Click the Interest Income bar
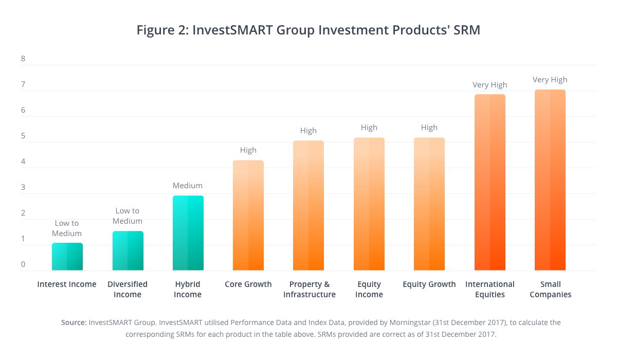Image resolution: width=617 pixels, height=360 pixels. [67, 257]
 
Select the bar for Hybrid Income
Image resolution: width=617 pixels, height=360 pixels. [188, 233]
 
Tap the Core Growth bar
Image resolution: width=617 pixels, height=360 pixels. [248, 215]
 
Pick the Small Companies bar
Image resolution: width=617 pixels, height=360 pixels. [550, 180]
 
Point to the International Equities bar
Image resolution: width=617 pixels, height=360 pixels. [489, 183]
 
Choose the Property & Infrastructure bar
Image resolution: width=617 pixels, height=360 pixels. [308, 206]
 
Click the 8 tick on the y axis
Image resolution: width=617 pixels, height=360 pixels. [23, 59]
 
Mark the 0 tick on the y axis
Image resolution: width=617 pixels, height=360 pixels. [23, 265]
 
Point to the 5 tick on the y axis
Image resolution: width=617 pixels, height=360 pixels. [23, 136]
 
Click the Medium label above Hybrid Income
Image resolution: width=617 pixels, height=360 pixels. [188, 186]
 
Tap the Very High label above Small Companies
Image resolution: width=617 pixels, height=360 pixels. [550, 80]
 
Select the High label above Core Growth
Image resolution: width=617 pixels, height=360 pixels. [248, 150]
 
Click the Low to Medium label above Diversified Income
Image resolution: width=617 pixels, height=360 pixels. [128, 216]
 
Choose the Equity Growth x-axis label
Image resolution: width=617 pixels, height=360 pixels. [429, 284]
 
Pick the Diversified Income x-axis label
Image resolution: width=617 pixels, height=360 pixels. [128, 290]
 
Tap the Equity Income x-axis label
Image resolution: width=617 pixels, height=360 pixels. [369, 290]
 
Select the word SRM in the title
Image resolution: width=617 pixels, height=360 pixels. [465, 30]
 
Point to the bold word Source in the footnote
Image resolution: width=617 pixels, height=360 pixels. [73, 322]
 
